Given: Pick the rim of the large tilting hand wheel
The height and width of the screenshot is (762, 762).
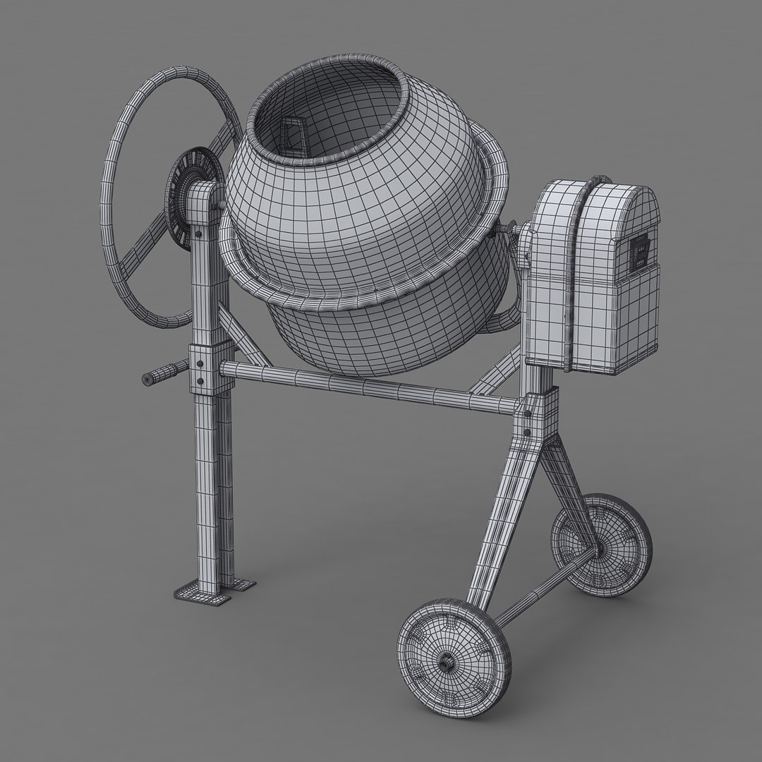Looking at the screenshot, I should [x=113, y=212].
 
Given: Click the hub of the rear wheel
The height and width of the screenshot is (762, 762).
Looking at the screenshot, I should [x=600, y=547].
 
